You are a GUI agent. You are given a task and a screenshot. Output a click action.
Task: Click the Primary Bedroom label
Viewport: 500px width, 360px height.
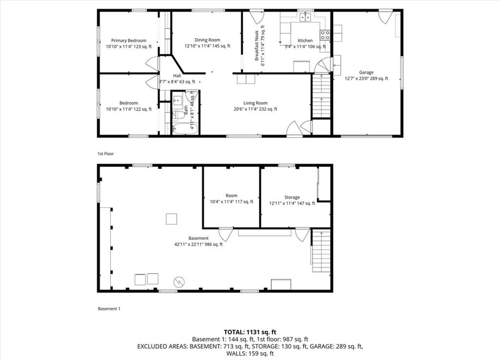click(129, 40)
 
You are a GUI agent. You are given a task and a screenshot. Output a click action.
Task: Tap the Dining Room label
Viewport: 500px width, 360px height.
click(207, 40)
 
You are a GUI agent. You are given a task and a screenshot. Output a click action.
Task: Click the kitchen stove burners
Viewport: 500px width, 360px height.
click(325, 35)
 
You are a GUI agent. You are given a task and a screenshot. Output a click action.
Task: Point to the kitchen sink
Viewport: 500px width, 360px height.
click(306, 17)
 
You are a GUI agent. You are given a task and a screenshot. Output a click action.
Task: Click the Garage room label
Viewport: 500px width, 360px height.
click(366, 72)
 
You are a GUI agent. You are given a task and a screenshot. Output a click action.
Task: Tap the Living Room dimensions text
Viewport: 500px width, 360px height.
click(255, 109)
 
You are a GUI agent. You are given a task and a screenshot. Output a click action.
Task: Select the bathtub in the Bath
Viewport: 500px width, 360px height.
click(185, 129)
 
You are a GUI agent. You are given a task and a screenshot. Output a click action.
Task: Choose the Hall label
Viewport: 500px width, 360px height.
click(177, 76)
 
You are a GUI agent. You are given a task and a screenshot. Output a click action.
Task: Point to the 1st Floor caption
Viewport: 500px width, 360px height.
click(105, 154)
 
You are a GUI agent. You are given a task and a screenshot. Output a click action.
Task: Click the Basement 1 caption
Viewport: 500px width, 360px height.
click(109, 308)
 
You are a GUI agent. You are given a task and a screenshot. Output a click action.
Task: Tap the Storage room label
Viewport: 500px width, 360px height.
click(292, 198)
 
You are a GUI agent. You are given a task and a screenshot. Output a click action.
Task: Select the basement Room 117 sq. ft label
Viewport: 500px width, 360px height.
click(231, 199)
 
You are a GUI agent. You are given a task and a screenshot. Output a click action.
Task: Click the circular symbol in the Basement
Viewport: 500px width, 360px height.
click(179, 282)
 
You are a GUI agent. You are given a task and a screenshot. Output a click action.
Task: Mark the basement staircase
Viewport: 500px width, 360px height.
click(321, 251)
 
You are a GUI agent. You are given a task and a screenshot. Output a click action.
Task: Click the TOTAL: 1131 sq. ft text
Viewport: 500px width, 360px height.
click(250, 332)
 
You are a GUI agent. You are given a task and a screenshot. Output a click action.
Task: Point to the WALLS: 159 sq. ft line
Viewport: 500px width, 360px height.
click(250, 353)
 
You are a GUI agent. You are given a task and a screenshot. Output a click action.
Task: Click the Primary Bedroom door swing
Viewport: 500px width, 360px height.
click(152, 64)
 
